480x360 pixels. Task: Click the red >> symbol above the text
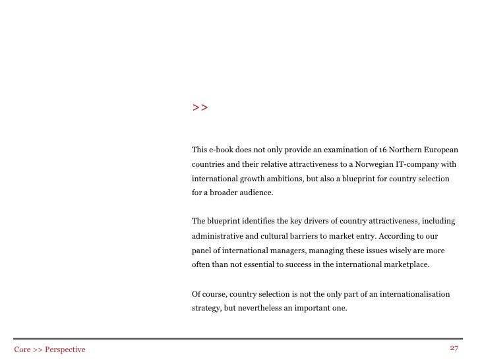(x=200, y=107)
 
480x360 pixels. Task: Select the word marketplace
(x=404, y=265)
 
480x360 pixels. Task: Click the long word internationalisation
(x=412, y=293)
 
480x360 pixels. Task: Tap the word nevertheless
(x=262, y=307)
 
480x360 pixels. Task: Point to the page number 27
(x=454, y=347)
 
